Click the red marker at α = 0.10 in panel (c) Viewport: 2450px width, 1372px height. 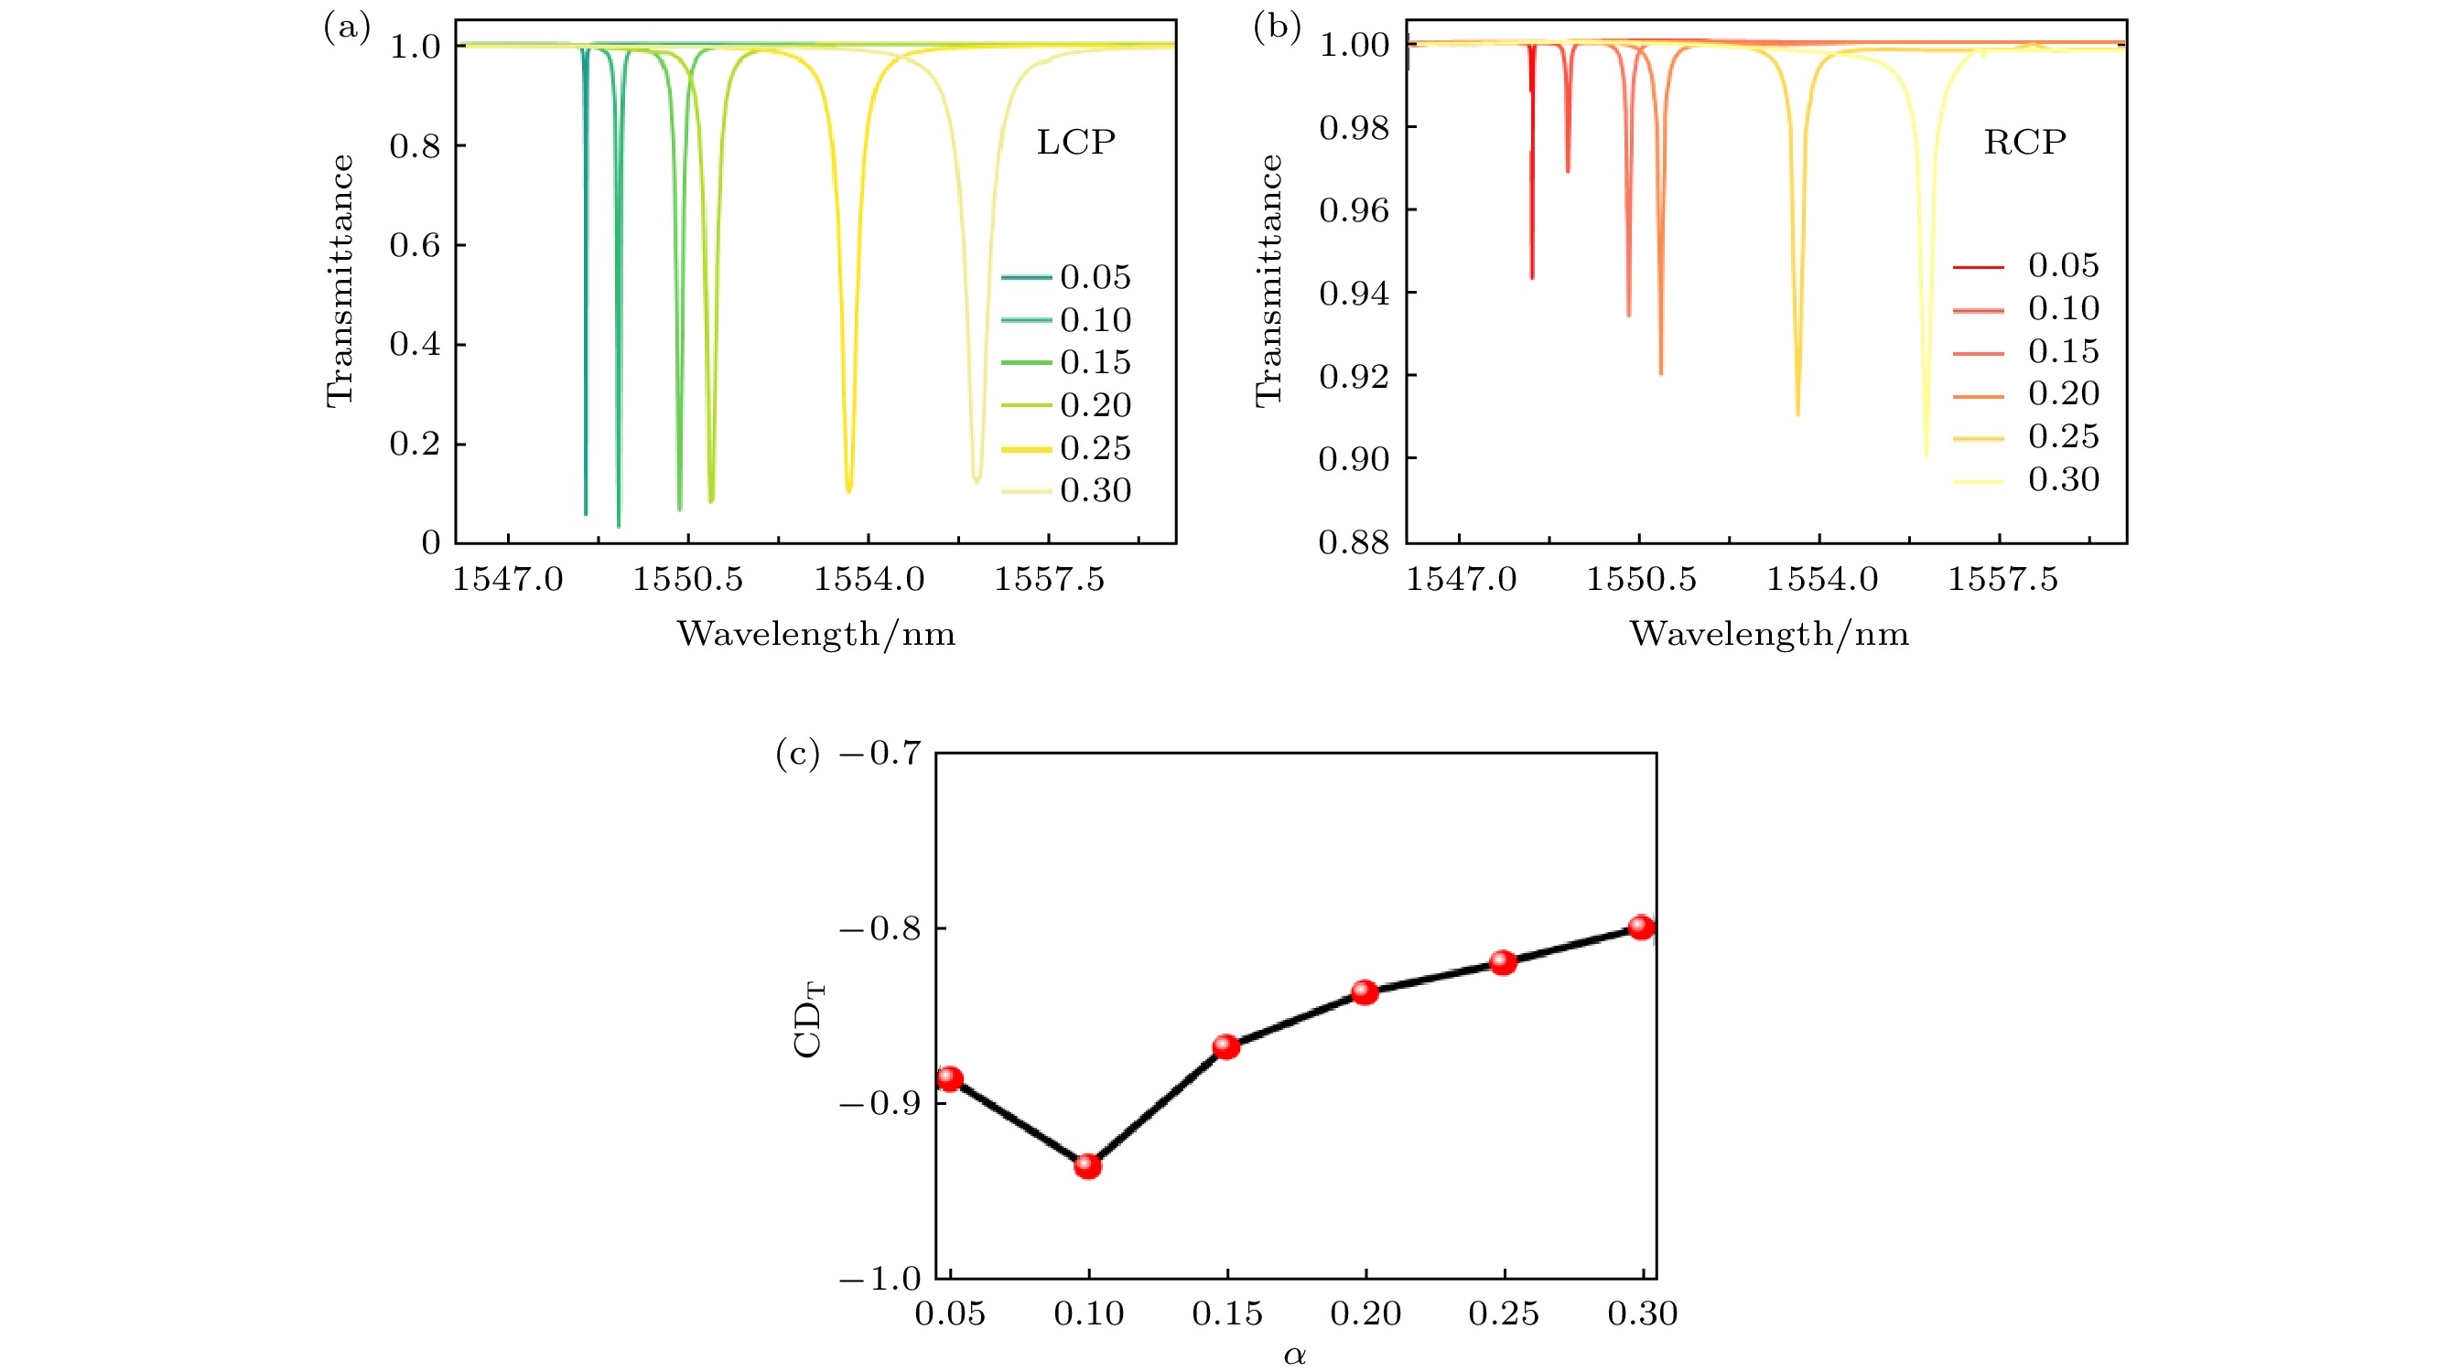coord(1087,1165)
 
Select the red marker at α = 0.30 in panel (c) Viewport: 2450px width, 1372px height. coord(1641,927)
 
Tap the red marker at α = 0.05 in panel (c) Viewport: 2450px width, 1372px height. coord(949,1078)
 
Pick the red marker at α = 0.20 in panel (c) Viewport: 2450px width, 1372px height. coord(1365,992)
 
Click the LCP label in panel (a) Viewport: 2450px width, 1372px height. coord(1075,143)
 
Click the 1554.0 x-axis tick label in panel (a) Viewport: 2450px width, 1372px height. coord(869,579)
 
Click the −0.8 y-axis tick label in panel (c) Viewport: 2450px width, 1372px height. coord(880,929)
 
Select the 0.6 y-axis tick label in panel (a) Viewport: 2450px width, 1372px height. coord(415,245)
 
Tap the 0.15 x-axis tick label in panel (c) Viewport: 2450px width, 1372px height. coord(1227,1314)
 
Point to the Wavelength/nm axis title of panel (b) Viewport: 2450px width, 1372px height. coord(1769,634)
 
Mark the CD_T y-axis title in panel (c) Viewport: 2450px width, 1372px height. coord(808,1020)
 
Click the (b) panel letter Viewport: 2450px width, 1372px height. coord(1277,27)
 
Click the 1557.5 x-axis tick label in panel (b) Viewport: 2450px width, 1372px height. coord(2002,579)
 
